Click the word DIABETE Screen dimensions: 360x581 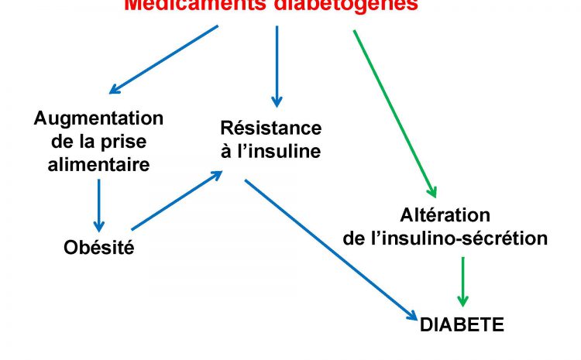point(462,324)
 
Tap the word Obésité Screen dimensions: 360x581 point(98,249)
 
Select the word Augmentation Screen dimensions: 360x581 point(98,118)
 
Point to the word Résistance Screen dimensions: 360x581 point(270,128)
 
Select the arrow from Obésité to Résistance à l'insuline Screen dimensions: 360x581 point(177,201)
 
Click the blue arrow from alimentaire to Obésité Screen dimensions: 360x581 point(99,204)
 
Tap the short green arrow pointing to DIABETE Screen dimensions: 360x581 point(462,281)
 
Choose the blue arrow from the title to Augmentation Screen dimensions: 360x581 point(163,59)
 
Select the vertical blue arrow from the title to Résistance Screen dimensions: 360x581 point(277,66)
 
